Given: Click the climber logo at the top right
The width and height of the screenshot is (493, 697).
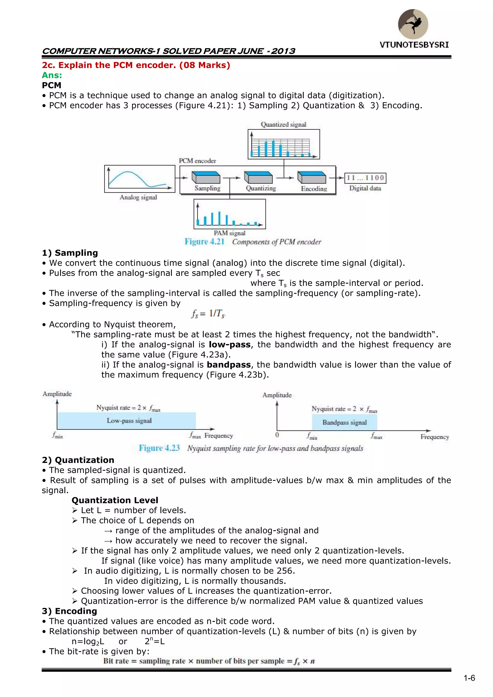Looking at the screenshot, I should [x=413, y=24].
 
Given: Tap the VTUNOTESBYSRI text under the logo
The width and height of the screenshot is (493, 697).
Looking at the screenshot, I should [x=414, y=45].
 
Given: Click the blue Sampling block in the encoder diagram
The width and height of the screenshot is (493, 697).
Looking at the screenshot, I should [x=206, y=177].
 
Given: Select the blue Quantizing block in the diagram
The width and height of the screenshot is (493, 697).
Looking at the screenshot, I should [x=258, y=177].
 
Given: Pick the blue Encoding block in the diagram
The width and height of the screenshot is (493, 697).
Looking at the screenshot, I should [x=312, y=177].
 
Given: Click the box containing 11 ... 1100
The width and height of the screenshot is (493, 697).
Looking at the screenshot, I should [x=365, y=178].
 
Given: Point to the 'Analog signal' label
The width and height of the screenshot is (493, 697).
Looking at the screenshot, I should [x=138, y=197].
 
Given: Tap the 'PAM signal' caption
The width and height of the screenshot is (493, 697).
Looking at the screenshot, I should [x=229, y=233].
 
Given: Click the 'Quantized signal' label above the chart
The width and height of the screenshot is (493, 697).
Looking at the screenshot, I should [x=284, y=124].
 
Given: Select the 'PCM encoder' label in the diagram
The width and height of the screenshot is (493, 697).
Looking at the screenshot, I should [x=197, y=161].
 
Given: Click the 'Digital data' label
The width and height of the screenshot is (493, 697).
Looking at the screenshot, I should [x=365, y=188].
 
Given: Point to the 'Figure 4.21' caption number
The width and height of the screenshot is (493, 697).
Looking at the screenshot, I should [x=204, y=242].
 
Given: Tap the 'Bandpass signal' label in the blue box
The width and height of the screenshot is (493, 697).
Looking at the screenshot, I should [x=344, y=423].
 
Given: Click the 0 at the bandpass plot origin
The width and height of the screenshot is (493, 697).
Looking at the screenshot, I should [x=277, y=435].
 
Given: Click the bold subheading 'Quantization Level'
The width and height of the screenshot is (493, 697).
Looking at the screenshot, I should [x=115, y=500].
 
